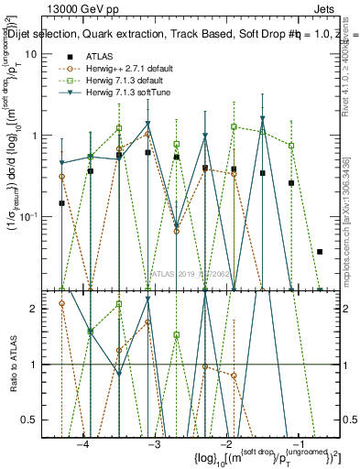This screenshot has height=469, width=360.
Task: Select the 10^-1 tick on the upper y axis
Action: [42, 216]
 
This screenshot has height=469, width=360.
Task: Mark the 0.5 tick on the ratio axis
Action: [43, 419]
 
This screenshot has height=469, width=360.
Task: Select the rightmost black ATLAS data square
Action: [320, 251]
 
